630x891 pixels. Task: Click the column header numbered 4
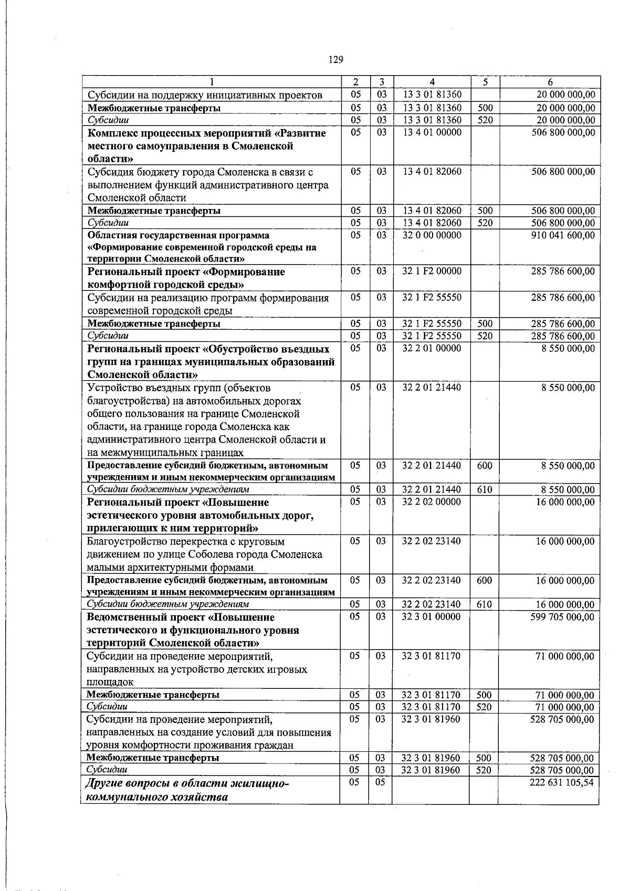(432, 82)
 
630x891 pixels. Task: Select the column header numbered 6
(550, 82)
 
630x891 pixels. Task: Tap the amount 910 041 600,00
(563, 235)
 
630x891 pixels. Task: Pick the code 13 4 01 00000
(432, 133)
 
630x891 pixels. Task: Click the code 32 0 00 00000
(432, 235)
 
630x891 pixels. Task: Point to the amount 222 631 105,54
(563, 782)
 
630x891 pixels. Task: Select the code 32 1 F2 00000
(432, 271)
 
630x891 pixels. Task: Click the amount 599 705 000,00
(563, 617)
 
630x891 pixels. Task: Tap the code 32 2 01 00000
(432, 349)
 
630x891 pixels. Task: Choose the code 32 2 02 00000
(432, 502)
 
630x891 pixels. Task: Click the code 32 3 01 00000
(431, 617)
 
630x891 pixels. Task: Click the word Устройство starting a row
(113, 388)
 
